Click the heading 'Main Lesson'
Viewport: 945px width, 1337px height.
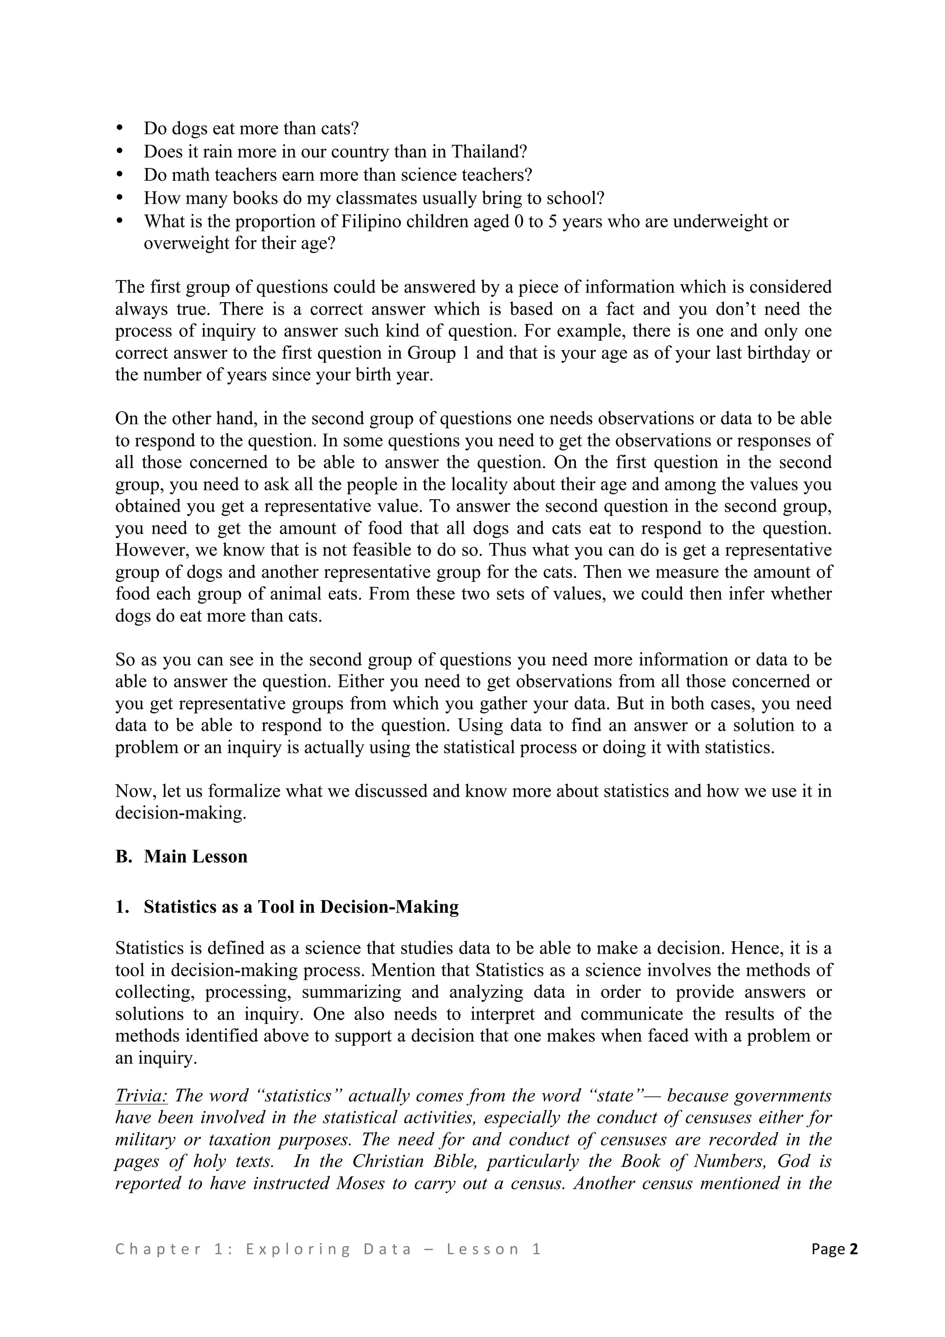pyautogui.click(x=196, y=857)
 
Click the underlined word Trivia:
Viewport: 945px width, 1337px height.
pyautogui.click(x=142, y=1096)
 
